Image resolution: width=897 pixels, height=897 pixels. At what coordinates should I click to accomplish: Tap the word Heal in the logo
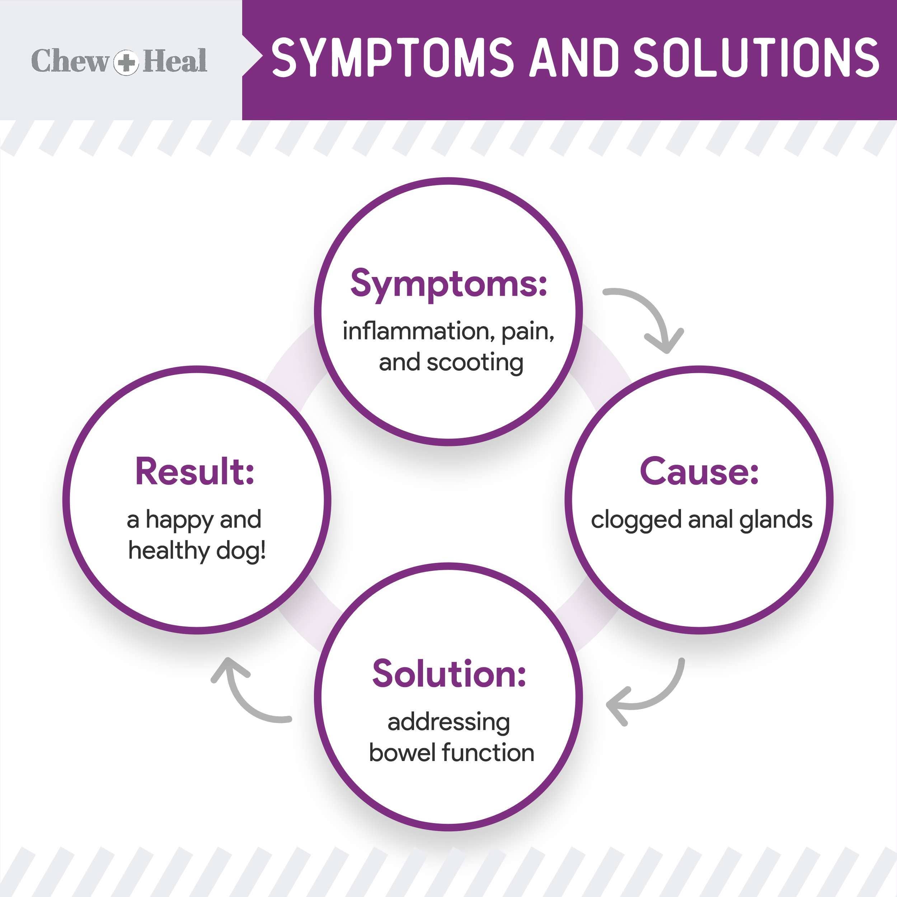pyautogui.click(x=175, y=61)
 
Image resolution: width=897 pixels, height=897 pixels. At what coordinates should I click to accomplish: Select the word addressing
pyautogui.click(x=448, y=722)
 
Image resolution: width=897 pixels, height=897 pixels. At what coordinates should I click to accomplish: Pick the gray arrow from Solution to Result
pyautogui.click(x=246, y=696)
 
